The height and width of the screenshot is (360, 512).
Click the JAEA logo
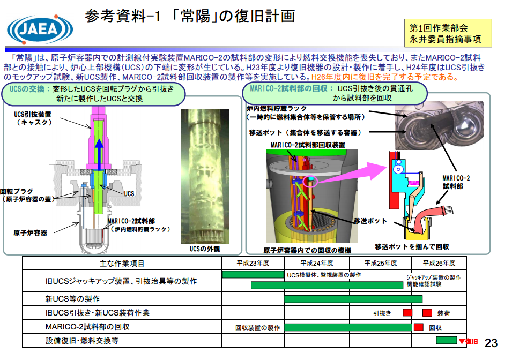coord(40,29)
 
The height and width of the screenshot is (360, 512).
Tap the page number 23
coord(491,343)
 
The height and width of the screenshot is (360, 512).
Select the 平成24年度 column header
coord(317,263)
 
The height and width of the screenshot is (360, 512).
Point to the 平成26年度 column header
coord(439,263)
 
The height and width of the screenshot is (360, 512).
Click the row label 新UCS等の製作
coord(72,299)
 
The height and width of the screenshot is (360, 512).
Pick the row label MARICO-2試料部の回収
coord(87,327)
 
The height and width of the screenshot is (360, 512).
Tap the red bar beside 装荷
coord(427,313)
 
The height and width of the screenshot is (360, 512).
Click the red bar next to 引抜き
coord(407,312)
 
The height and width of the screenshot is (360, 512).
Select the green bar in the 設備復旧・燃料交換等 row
coord(447,340)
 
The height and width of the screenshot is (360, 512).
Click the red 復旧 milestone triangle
coord(462,342)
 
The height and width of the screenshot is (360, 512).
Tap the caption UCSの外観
coord(205,249)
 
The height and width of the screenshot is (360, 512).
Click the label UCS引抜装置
coord(33,115)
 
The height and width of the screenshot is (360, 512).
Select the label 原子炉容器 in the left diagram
coord(31,232)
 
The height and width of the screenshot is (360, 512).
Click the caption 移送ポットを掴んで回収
coord(412,247)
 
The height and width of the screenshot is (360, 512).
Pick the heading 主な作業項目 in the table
coord(122,264)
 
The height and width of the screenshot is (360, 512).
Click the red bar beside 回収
coord(419,327)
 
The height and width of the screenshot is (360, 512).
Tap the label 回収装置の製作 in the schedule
coord(258,328)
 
